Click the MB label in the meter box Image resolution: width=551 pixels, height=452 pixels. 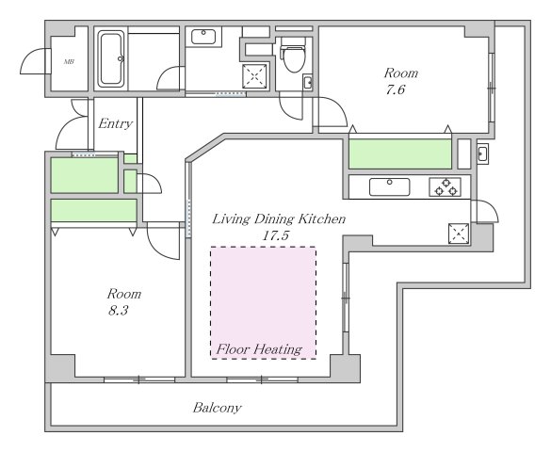69,62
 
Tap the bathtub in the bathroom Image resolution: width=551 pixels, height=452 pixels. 111,58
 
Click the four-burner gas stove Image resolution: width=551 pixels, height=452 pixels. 445,186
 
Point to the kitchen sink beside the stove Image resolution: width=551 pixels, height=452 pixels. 389,186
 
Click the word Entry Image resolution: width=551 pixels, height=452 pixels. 115,123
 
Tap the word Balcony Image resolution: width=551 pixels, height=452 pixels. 218,408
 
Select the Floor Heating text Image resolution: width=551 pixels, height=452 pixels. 259,349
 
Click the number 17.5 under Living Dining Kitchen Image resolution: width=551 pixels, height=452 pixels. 275,235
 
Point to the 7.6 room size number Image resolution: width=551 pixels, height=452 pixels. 396,89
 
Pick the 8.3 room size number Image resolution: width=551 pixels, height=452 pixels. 118,311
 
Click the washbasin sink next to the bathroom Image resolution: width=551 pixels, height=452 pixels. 203,37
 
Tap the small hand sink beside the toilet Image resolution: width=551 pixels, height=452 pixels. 308,83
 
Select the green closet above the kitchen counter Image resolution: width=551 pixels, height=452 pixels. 400,153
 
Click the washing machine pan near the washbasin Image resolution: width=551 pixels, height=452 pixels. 254,76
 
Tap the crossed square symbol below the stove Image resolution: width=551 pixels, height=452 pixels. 459,234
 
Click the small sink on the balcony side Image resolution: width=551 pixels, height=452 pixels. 482,153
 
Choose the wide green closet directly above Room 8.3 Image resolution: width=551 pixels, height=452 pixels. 94,210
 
